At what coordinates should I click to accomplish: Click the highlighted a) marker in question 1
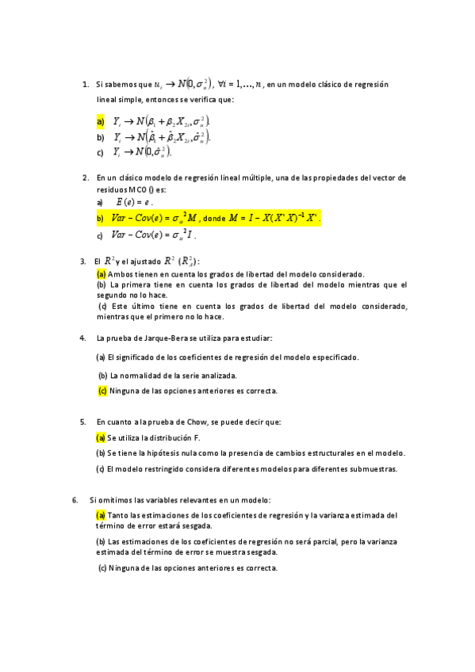101,121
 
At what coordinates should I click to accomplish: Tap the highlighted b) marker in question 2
101,218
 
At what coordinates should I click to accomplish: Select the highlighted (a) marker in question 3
101,274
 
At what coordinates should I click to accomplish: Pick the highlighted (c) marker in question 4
102,391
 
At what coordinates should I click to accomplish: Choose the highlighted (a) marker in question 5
101,437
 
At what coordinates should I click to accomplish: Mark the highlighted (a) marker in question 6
101,515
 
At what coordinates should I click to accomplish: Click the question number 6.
75,500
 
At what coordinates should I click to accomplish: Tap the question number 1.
85,84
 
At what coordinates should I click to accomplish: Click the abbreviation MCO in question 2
133,191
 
